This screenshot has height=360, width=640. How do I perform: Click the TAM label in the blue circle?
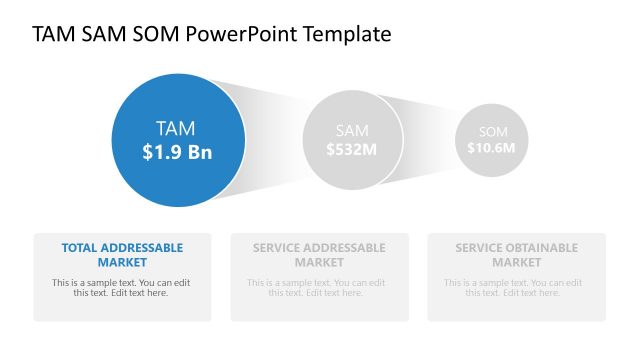pyautogui.click(x=176, y=128)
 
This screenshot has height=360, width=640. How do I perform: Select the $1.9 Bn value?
pyautogui.click(x=176, y=152)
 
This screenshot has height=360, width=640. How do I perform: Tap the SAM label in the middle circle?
pyautogui.click(x=352, y=131)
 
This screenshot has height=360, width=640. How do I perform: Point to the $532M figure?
pyautogui.click(x=352, y=150)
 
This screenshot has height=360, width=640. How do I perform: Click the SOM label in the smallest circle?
pyautogui.click(x=493, y=132)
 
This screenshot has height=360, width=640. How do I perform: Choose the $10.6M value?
pyautogui.click(x=491, y=148)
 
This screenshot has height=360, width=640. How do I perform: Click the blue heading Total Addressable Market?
pyautogui.click(x=122, y=254)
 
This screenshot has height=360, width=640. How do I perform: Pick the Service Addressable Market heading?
pyautogui.click(x=319, y=254)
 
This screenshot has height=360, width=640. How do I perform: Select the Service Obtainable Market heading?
pyautogui.click(x=516, y=254)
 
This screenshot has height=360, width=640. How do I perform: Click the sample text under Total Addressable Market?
pyautogui.click(x=122, y=288)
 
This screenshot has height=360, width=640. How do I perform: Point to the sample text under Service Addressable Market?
pyautogui.click(x=319, y=288)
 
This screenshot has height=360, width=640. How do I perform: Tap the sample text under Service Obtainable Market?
pyautogui.click(x=516, y=288)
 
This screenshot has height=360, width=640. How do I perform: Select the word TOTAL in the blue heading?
pyautogui.click(x=80, y=247)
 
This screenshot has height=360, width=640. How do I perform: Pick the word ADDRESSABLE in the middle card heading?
pyautogui.click(x=345, y=247)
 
